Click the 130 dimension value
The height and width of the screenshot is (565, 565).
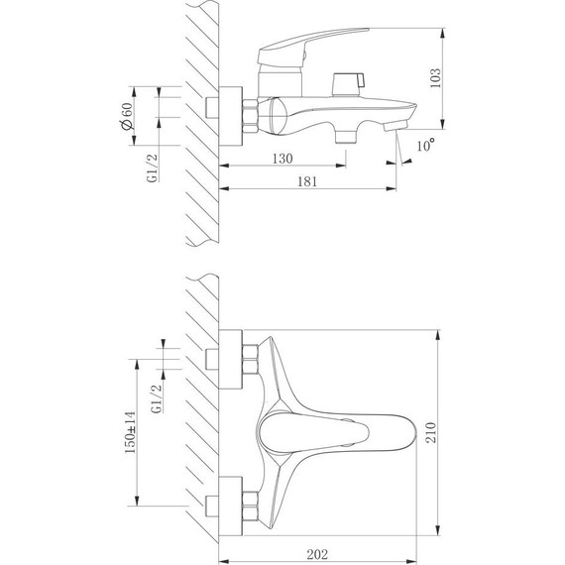click(282, 159)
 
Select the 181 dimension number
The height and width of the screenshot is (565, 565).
click(307, 181)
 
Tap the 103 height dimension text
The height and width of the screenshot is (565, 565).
click(435, 78)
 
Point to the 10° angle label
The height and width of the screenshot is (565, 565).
click(425, 145)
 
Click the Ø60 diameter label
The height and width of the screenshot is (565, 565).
click(127, 116)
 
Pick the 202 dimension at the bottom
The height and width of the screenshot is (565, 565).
click(317, 554)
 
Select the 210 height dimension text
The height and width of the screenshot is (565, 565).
click(431, 432)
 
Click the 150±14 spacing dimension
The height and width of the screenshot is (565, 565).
click(130, 432)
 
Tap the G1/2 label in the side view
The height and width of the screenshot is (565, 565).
click(153, 168)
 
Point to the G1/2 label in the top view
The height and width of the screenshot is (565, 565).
click(157, 398)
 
